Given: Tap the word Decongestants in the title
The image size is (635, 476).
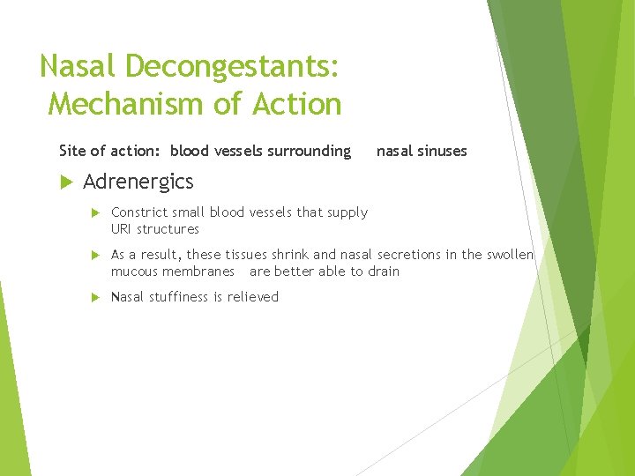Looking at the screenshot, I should point(232,66).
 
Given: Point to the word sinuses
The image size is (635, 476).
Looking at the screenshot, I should point(443,151).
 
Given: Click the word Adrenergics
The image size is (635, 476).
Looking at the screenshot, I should point(138,182).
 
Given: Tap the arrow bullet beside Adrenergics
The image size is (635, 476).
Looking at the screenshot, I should point(63,182).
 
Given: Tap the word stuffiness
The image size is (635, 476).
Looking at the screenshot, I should point(180,297).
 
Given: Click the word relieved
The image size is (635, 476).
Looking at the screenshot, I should point(253,297).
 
